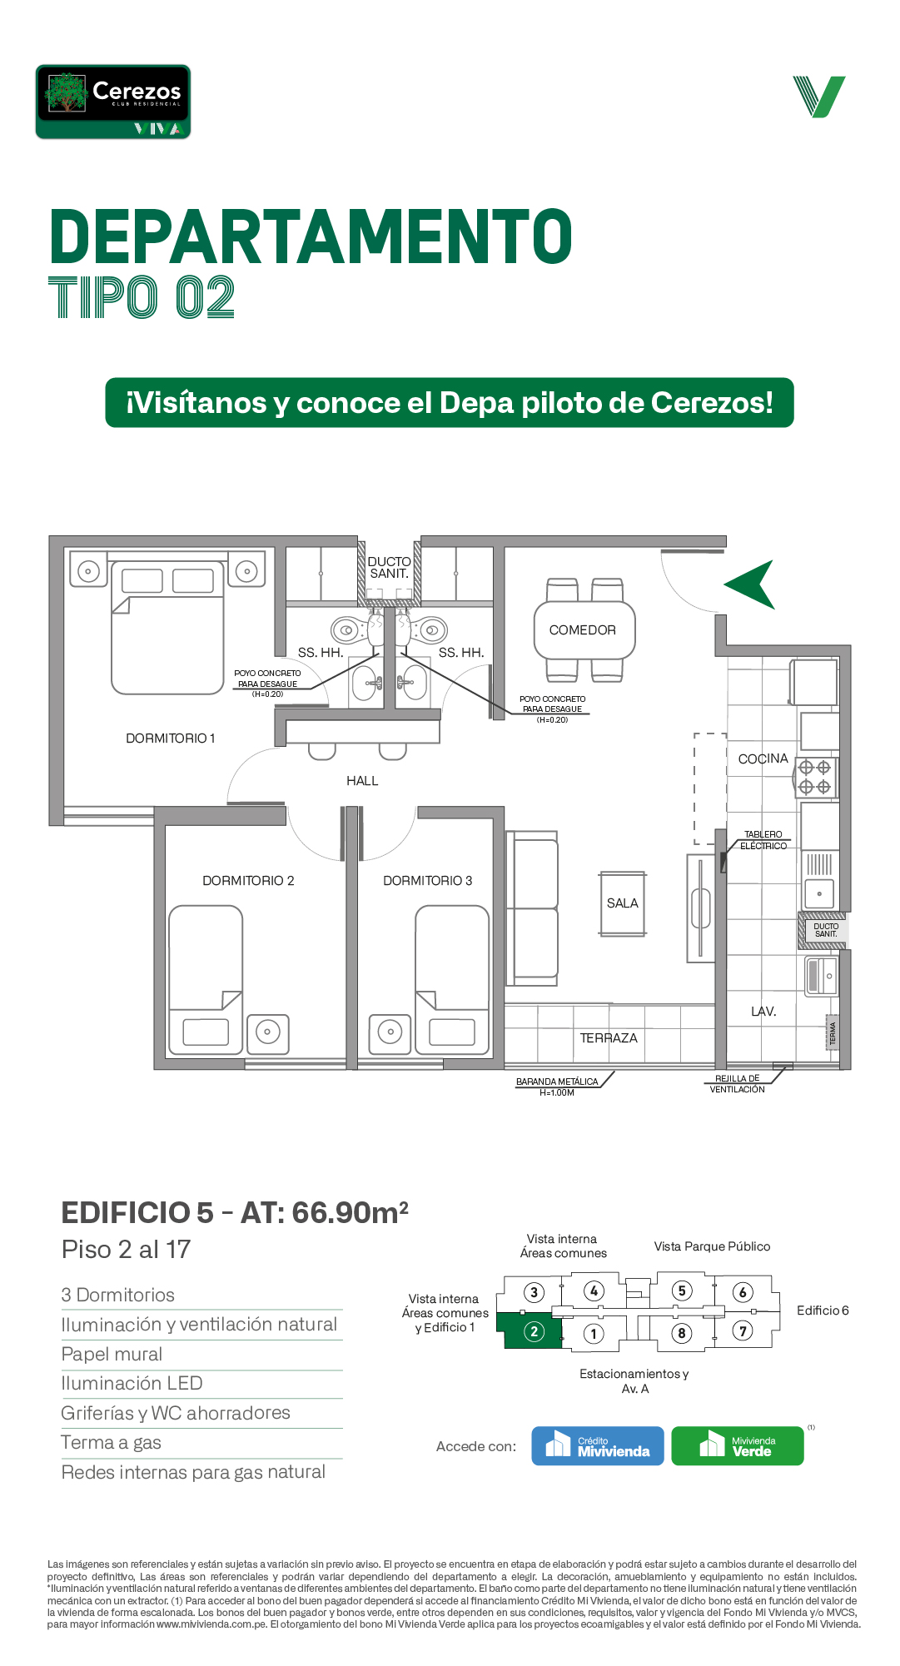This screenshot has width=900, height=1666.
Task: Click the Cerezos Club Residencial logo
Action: coord(113,102)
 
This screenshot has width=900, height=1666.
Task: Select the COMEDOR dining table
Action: coord(585,630)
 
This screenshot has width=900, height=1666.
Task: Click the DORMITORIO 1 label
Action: coord(171,739)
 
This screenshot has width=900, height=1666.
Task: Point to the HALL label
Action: coord(362,781)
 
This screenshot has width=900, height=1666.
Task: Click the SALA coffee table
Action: coord(622,903)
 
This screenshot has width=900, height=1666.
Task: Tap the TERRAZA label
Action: coord(609,1038)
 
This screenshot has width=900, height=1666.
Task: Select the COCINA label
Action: coord(763,758)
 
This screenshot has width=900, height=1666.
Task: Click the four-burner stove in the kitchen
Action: coord(815,777)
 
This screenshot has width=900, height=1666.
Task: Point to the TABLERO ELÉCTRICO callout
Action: coord(763,840)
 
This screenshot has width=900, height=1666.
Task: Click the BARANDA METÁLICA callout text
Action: coord(557,1087)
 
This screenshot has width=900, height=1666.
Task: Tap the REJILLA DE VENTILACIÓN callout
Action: coord(738,1084)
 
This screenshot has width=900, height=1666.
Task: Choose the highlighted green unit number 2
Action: coord(535,1331)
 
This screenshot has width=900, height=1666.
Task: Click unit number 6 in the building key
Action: coord(743,1292)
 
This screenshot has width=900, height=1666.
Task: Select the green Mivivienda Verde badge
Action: coord(738,1446)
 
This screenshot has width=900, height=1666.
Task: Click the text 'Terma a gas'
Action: coord(111,1443)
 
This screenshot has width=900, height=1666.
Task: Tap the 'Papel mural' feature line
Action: coord(112,1355)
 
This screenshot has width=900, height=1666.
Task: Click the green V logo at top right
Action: coord(819,97)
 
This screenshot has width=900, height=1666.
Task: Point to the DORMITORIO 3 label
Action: coord(427,881)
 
